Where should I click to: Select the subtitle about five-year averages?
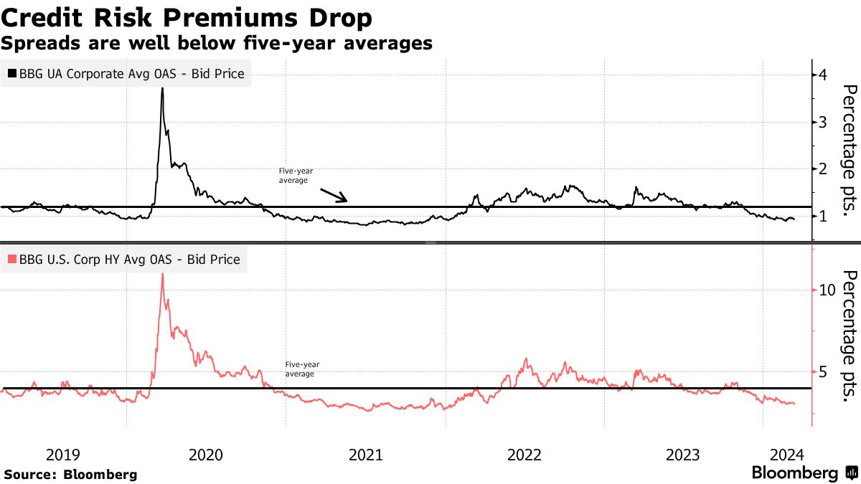coord(217,43)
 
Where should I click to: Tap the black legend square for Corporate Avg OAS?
coord(11,73)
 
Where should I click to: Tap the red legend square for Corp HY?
coord(11,260)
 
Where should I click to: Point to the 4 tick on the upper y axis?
coord(823,75)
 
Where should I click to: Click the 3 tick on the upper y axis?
coord(823,122)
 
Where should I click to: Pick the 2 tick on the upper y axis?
coord(823,169)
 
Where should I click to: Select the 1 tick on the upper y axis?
coord(823,216)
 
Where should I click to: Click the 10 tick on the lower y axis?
coord(827,289)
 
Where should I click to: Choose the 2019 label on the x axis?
coord(63,455)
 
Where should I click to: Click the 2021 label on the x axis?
coord(365,455)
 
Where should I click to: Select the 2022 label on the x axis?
coord(524,455)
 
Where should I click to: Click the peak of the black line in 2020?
coord(162,88)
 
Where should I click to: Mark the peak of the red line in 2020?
coord(162,275)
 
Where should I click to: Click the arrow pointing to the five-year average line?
coord(333,195)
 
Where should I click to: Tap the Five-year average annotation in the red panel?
coord(300,369)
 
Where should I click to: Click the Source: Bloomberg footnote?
coord(70,474)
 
